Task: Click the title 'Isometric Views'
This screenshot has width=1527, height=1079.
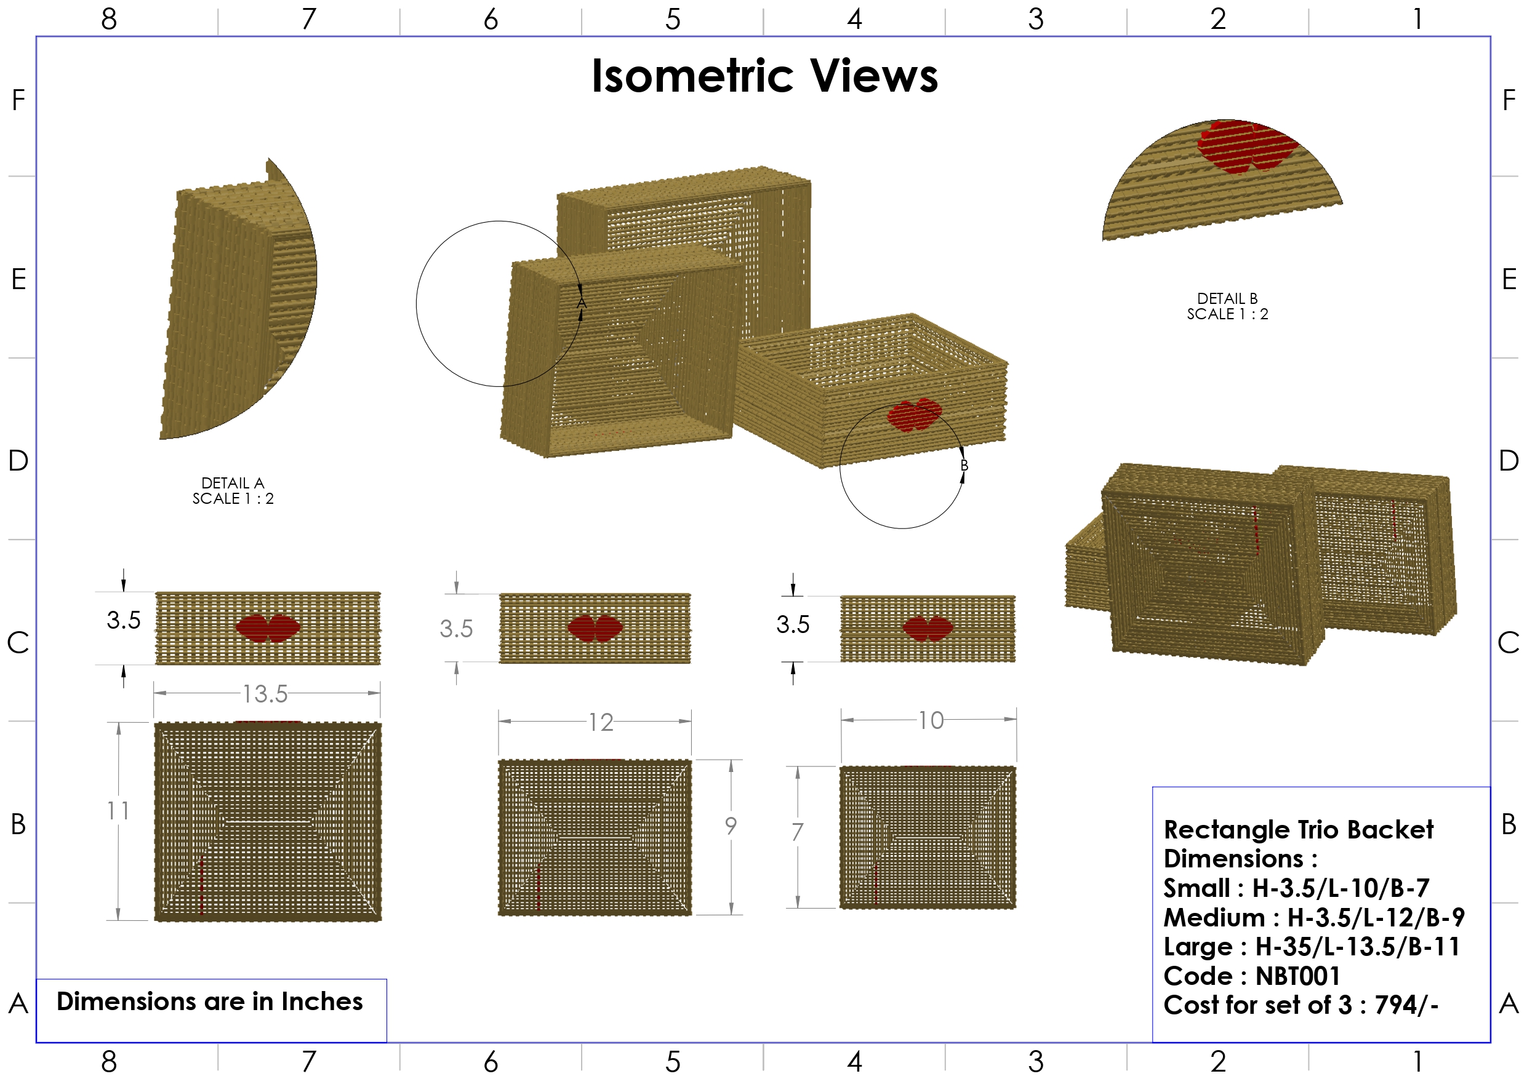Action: (764, 75)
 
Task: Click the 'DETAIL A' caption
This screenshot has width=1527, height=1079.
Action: (233, 483)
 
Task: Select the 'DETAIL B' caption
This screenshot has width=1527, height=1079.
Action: (1227, 298)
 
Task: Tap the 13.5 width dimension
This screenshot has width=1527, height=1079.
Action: (265, 694)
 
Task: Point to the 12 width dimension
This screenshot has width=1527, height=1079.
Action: (601, 723)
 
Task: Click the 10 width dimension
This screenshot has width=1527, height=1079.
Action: (931, 720)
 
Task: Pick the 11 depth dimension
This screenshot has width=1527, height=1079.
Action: (118, 811)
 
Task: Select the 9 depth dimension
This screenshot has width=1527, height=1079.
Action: (731, 826)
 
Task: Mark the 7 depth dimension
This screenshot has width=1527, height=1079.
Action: (798, 832)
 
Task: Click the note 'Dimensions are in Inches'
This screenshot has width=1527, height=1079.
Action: (209, 1001)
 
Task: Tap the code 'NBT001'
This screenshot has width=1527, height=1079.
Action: (1297, 976)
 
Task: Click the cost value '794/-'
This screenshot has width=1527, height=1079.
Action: (1406, 1005)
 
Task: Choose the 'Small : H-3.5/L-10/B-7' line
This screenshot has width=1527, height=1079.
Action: (1296, 888)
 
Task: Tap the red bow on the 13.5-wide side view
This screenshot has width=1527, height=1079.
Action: (268, 628)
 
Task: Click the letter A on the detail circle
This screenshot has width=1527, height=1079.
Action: (581, 303)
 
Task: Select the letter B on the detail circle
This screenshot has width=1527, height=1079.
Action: (964, 466)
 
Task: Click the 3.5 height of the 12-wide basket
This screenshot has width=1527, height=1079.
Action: (456, 629)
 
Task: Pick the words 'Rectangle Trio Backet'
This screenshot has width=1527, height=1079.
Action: (1298, 830)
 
